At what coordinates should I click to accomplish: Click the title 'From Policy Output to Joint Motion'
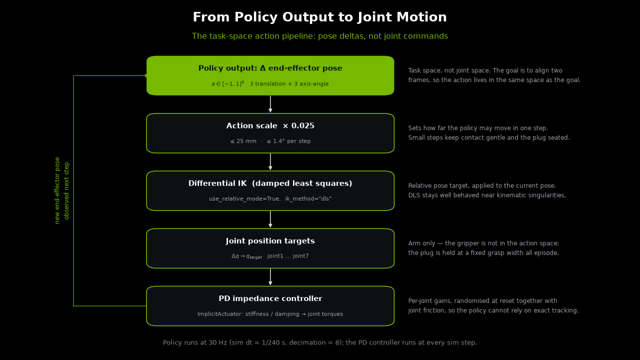click(319, 17)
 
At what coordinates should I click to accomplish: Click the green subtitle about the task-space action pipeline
click(319, 36)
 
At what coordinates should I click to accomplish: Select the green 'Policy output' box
click(270, 75)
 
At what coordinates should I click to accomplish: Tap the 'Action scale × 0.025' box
click(270, 133)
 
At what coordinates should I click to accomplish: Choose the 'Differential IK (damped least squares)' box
click(270, 191)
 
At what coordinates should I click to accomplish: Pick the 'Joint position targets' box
click(270, 248)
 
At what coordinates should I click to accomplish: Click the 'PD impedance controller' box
click(270, 306)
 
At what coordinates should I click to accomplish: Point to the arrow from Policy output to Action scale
click(270, 104)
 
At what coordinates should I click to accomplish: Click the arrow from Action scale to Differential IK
click(270, 162)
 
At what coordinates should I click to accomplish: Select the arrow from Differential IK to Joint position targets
click(270, 219)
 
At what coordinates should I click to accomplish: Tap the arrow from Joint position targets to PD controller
click(270, 277)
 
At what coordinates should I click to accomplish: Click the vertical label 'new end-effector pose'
click(57, 190)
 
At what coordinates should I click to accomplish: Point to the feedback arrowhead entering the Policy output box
click(146, 75)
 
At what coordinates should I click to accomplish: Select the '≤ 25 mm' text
click(243, 141)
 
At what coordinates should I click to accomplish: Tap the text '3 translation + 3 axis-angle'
click(289, 83)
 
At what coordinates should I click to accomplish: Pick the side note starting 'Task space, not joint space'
click(494, 75)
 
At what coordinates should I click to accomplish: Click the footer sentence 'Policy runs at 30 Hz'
click(319, 342)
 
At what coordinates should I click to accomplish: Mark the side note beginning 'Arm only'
click(483, 248)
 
